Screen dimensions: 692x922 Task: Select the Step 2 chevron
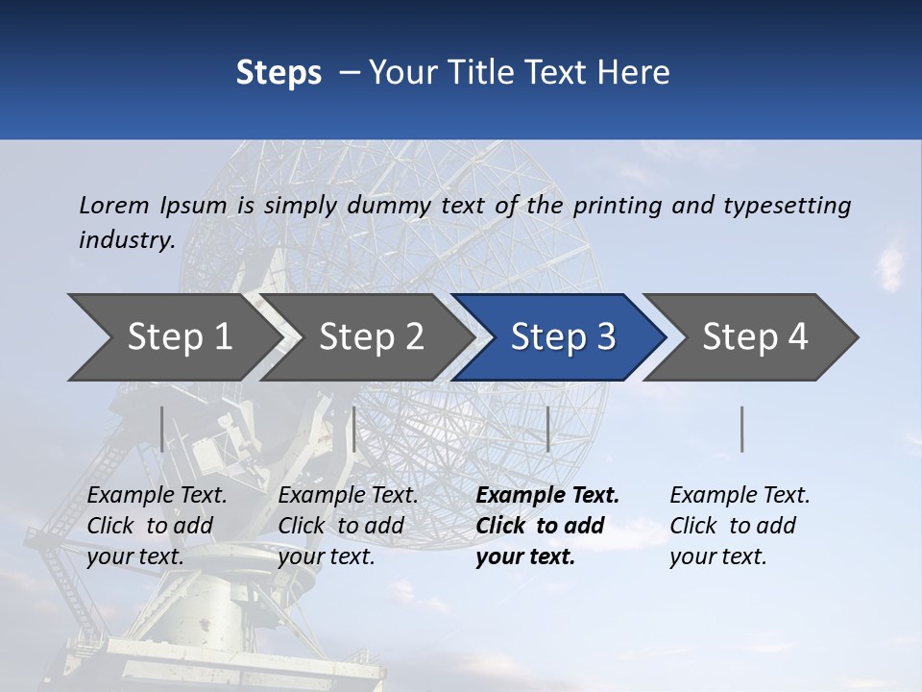pyautogui.click(x=371, y=337)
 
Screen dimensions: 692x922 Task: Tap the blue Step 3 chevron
pyautogui.click(x=563, y=337)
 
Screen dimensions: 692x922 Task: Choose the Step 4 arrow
pyautogui.click(x=755, y=337)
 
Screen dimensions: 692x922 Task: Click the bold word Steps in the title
pyautogui.click(x=279, y=73)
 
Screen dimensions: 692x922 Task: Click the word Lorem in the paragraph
pyautogui.click(x=113, y=205)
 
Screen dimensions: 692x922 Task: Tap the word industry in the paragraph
pyautogui.click(x=126, y=239)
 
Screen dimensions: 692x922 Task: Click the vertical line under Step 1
pyautogui.click(x=162, y=429)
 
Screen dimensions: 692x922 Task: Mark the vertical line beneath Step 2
pyautogui.click(x=354, y=429)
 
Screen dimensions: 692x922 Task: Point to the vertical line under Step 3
pyautogui.click(x=547, y=429)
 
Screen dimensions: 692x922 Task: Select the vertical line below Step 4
pyautogui.click(x=741, y=429)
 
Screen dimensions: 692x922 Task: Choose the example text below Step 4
pyautogui.click(x=737, y=526)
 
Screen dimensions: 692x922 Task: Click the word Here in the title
pyautogui.click(x=635, y=73)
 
